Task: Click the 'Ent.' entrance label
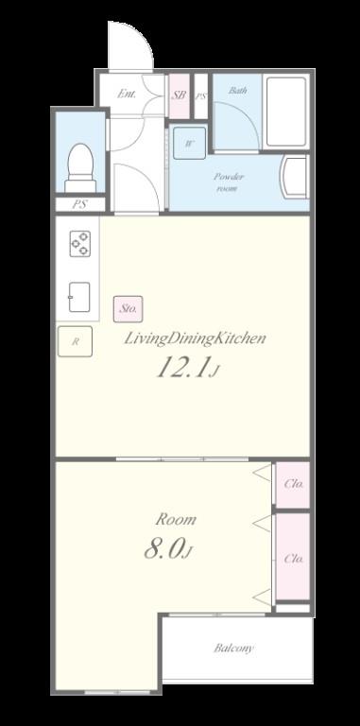coord(127,95)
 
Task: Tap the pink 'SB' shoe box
coord(179,95)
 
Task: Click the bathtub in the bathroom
coord(285,111)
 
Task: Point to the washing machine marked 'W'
coord(189,144)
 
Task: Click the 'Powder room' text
coord(229,182)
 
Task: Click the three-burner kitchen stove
coord(79,245)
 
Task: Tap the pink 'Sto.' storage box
coord(129,307)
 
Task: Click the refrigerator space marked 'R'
coord(75,341)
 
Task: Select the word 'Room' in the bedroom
coord(176,519)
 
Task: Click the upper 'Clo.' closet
coord(293,484)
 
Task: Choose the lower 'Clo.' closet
coord(293,558)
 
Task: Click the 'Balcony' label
coord(233,648)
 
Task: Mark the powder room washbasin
coord(297,177)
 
